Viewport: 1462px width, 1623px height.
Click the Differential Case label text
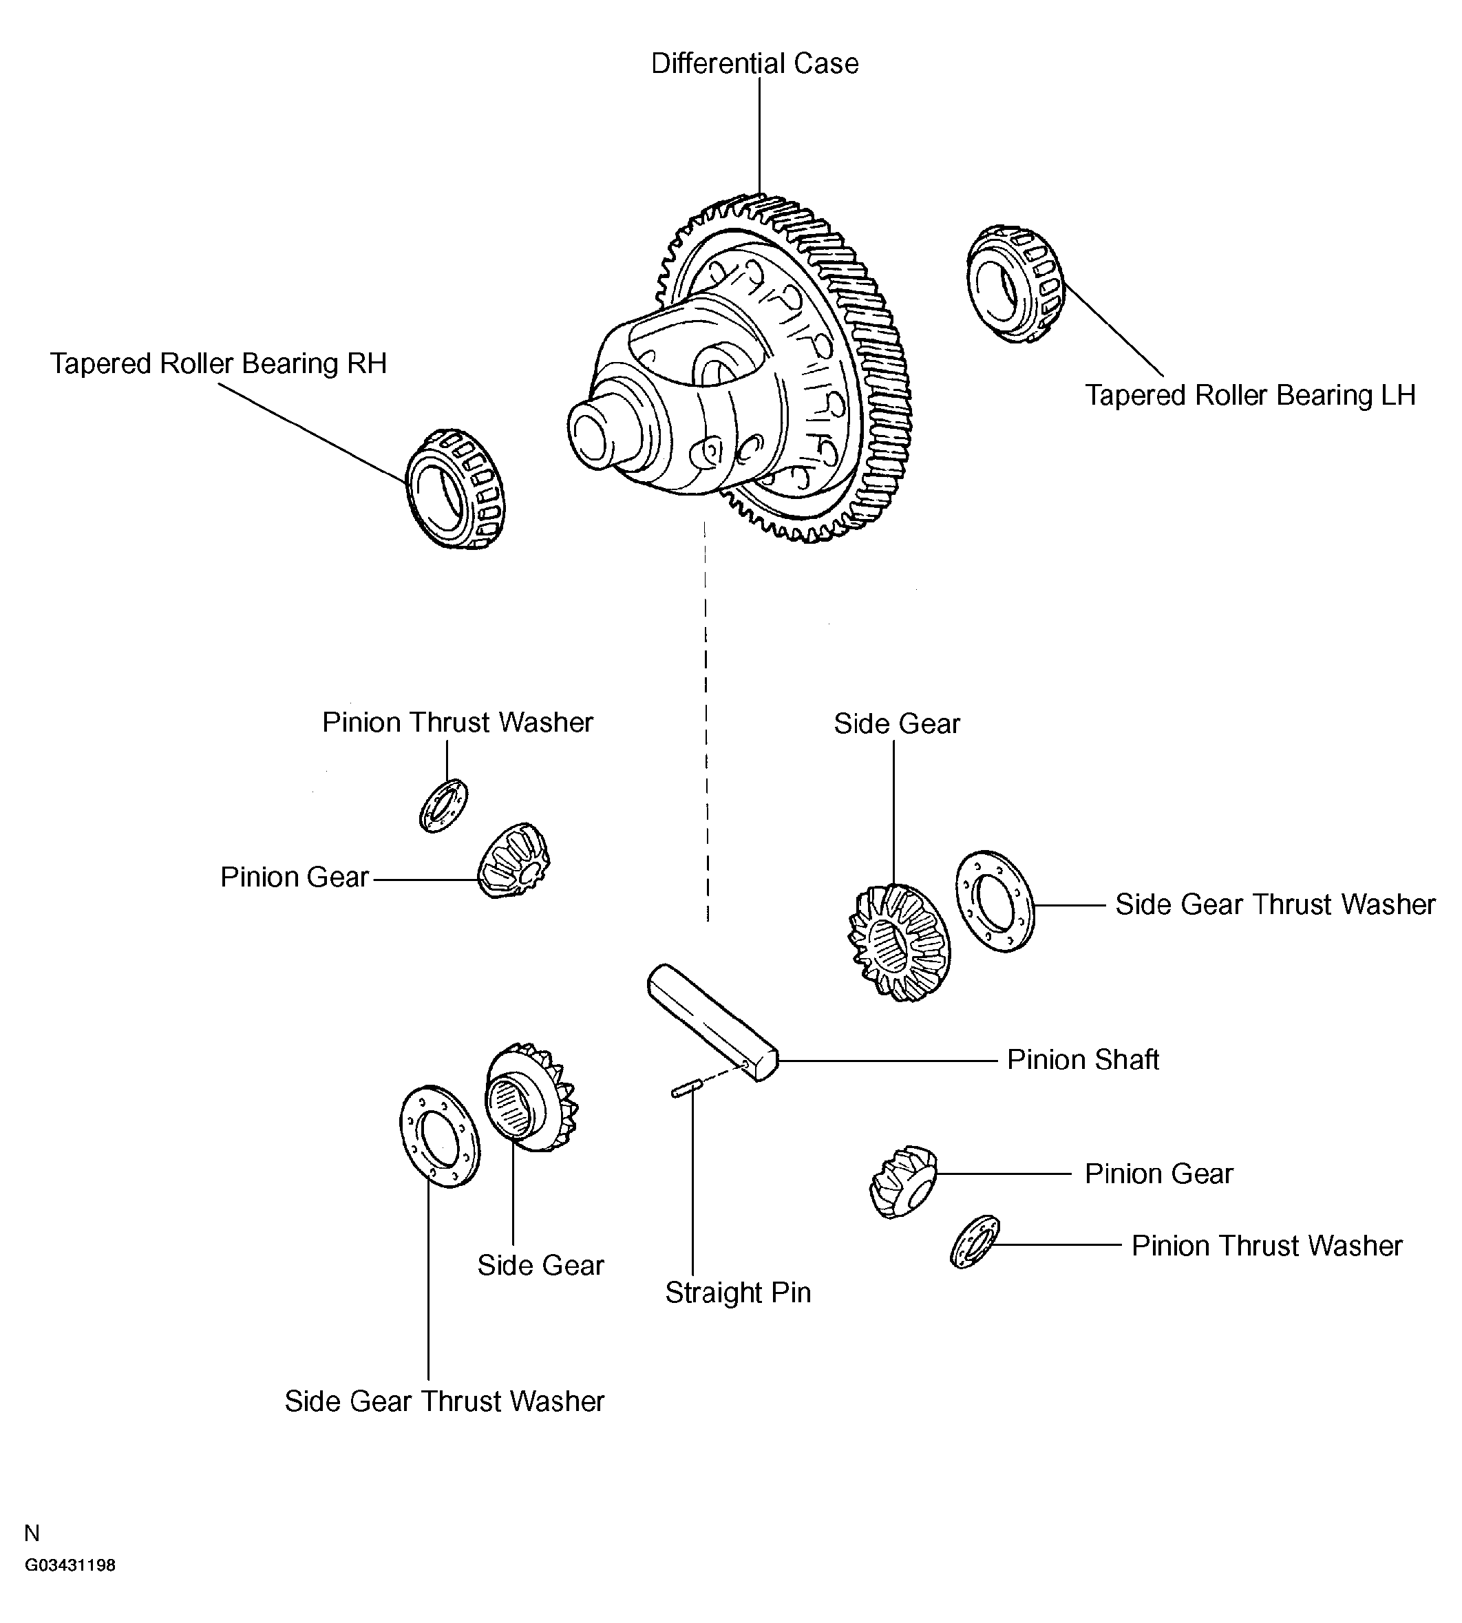pos(754,63)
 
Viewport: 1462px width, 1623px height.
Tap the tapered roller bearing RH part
pos(455,490)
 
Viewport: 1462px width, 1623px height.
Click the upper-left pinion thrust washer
pos(443,805)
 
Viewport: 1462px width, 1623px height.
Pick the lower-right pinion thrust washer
pos(975,1241)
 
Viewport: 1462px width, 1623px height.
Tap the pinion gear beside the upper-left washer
pos(514,860)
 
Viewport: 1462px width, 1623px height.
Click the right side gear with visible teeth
pos(899,943)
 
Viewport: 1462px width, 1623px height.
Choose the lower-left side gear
pos(530,1098)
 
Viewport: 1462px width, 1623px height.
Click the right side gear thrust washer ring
pos(995,901)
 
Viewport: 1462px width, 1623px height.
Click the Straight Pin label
pos(737,1293)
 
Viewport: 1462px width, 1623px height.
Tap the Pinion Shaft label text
pos(1082,1060)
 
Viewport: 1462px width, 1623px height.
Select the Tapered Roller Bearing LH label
pos(1249,395)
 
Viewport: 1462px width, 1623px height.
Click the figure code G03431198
pos(70,1565)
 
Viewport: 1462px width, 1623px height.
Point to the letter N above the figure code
pos(32,1534)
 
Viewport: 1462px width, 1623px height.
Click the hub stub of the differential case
pos(598,434)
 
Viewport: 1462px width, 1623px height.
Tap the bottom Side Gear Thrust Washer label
pos(443,1401)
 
